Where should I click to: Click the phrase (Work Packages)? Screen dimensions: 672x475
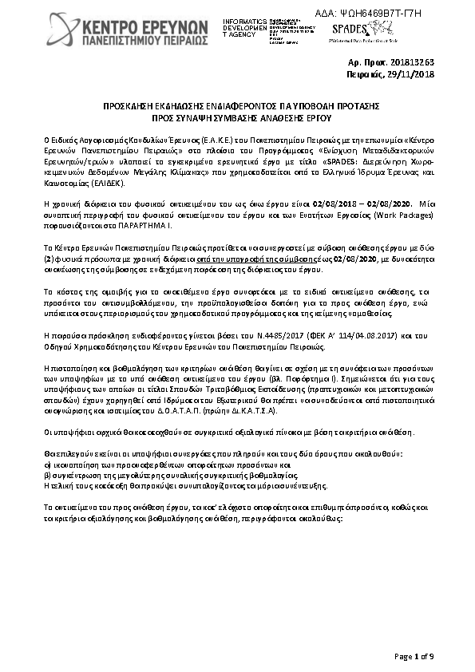398,216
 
